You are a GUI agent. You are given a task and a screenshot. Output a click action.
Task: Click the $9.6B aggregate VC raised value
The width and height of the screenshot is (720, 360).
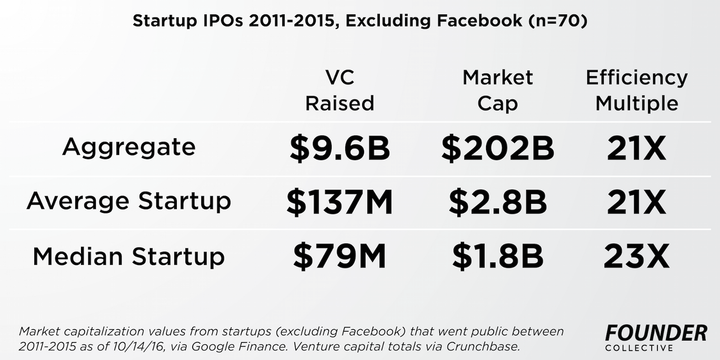click(340, 148)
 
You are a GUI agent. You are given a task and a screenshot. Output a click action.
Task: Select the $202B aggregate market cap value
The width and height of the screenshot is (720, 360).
click(497, 148)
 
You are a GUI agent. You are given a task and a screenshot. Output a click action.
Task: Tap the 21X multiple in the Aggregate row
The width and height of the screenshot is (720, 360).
click(636, 148)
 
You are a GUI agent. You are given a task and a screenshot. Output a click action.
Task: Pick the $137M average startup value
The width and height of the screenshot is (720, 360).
click(340, 202)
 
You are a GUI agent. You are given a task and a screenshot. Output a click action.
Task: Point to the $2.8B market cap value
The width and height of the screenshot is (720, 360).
click(497, 202)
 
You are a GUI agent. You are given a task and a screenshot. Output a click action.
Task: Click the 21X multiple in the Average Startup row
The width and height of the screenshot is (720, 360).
click(636, 202)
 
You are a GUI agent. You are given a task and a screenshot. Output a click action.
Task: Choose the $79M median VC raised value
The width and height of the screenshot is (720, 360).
click(340, 256)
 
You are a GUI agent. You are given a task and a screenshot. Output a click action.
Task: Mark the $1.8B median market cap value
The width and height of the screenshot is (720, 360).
click(497, 256)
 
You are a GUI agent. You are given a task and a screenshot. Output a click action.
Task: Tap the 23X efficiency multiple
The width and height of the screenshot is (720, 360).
click(636, 256)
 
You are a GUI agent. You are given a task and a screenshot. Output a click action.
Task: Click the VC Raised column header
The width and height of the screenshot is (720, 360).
click(340, 90)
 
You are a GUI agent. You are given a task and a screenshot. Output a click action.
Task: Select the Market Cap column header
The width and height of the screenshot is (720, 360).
click(497, 90)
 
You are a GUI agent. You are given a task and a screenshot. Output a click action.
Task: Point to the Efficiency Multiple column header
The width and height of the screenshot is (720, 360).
click(636, 90)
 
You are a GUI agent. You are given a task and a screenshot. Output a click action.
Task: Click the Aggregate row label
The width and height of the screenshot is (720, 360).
click(129, 147)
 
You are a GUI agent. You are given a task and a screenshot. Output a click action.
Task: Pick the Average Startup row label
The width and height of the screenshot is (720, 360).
click(129, 201)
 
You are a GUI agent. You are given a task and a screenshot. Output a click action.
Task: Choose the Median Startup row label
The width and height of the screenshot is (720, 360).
click(129, 256)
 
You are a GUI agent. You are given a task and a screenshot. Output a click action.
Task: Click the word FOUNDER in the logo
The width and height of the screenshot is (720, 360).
click(656, 333)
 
